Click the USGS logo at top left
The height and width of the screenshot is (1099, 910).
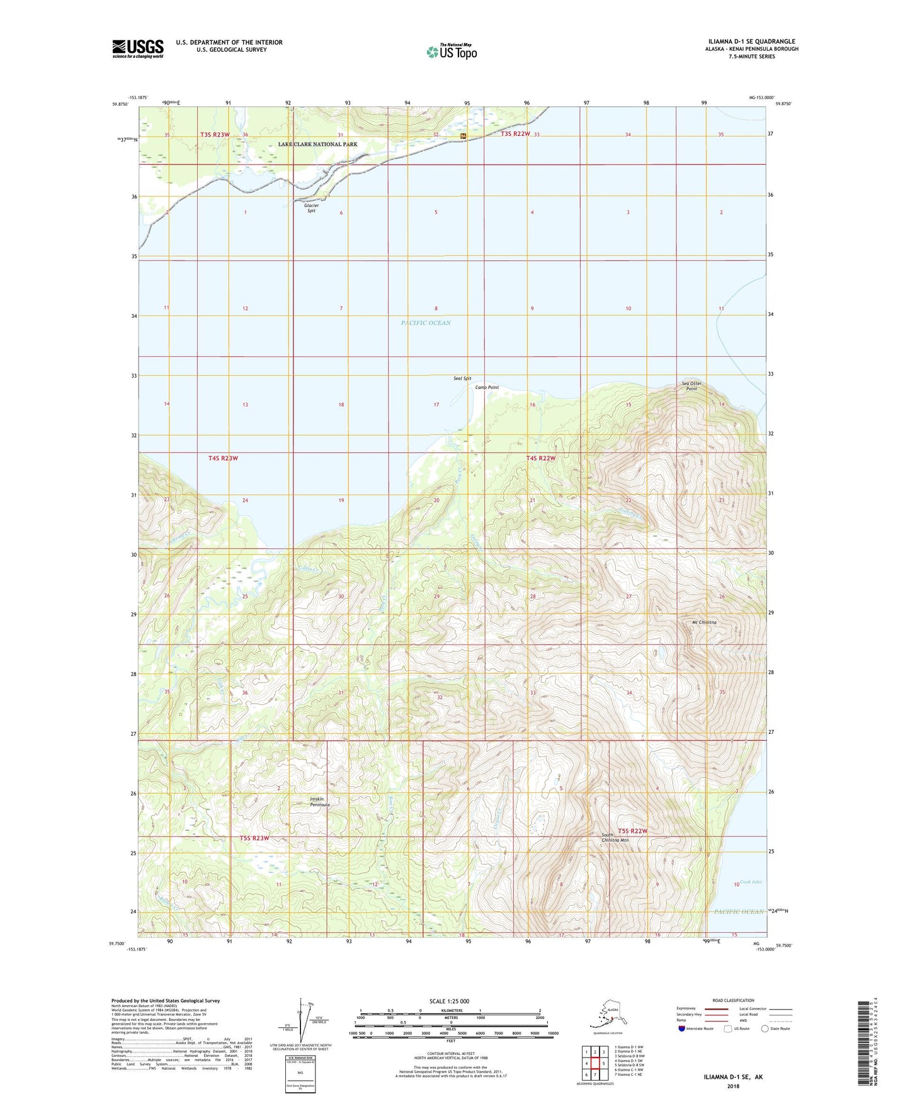(x=138, y=48)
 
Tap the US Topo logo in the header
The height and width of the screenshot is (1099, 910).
(x=452, y=52)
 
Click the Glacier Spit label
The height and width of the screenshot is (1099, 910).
(x=311, y=208)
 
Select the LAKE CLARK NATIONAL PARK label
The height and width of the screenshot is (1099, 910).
(x=317, y=144)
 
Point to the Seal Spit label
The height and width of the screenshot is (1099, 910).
(x=462, y=378)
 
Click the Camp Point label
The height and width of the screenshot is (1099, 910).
(x=487, y=387)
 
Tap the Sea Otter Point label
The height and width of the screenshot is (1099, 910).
(x=691, y=386)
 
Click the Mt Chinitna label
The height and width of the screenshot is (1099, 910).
(x=704, y=623)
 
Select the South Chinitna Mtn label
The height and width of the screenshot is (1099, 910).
(x=615, y=837)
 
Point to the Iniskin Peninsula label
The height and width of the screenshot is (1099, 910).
(x=319, y=802)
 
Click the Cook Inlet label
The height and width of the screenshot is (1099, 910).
(x=751, y=882)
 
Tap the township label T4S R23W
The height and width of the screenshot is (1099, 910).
(x=223, y=458)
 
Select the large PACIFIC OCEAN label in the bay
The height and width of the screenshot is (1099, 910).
(x=426, y=323)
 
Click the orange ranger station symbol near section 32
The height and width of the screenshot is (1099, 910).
(x=464, y=135)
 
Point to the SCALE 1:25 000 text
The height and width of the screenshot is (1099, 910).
(x=449, y=1001)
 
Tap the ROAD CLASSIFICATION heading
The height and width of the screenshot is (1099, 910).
(x=733, y=1000)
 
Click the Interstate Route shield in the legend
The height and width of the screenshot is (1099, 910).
(x=682, y=1029)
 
